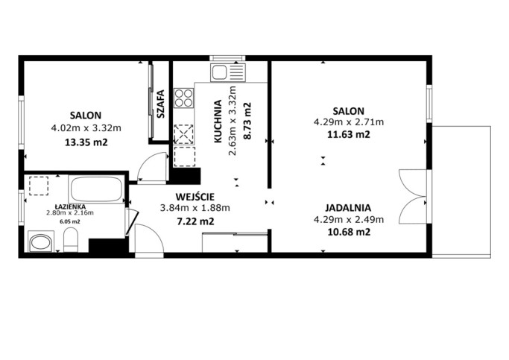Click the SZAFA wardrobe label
click(161, 104)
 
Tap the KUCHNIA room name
click(218, 121)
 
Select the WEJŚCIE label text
click(195, 197)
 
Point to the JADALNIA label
click(348, 207)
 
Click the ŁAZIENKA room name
click(70, 206)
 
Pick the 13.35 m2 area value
click(86, 142)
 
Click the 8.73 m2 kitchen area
click(247, 121)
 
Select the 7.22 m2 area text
click(195, 221)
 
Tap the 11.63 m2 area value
click(349, 134)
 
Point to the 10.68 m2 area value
click(349, 232)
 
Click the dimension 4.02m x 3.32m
click(86, 128)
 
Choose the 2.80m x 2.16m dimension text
click(70, 213)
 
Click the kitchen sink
click(227, 72)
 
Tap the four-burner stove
click(184, 98)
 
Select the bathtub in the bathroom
click(96, 189)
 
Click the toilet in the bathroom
click(71, 239)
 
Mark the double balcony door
click(413, 196)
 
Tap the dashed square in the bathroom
click(39, 186)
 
